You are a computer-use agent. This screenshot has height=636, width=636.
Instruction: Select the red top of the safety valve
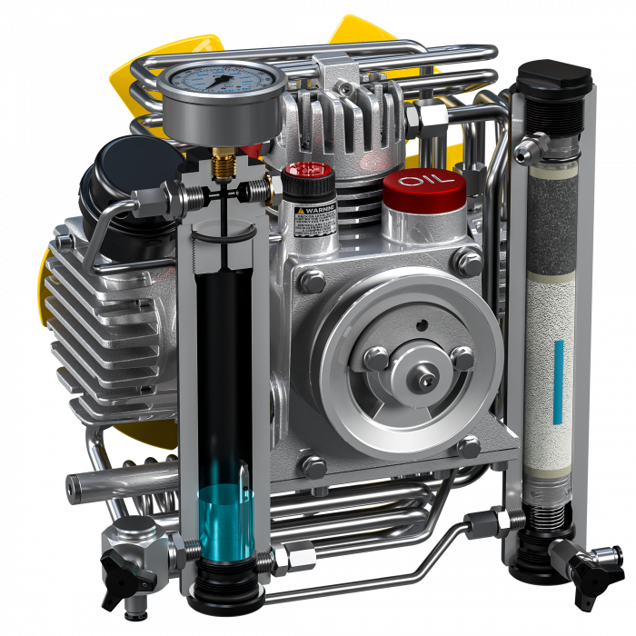pos(307,171)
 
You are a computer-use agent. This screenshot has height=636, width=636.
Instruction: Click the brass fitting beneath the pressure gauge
pos(220,164)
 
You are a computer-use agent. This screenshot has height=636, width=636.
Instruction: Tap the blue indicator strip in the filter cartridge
pos(558,382)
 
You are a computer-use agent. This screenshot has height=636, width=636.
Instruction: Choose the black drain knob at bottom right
pos(582,567)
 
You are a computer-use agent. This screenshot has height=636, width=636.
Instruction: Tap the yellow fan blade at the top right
pos(359,36)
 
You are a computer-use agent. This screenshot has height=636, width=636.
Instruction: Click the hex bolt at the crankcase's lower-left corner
pos(313,466)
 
